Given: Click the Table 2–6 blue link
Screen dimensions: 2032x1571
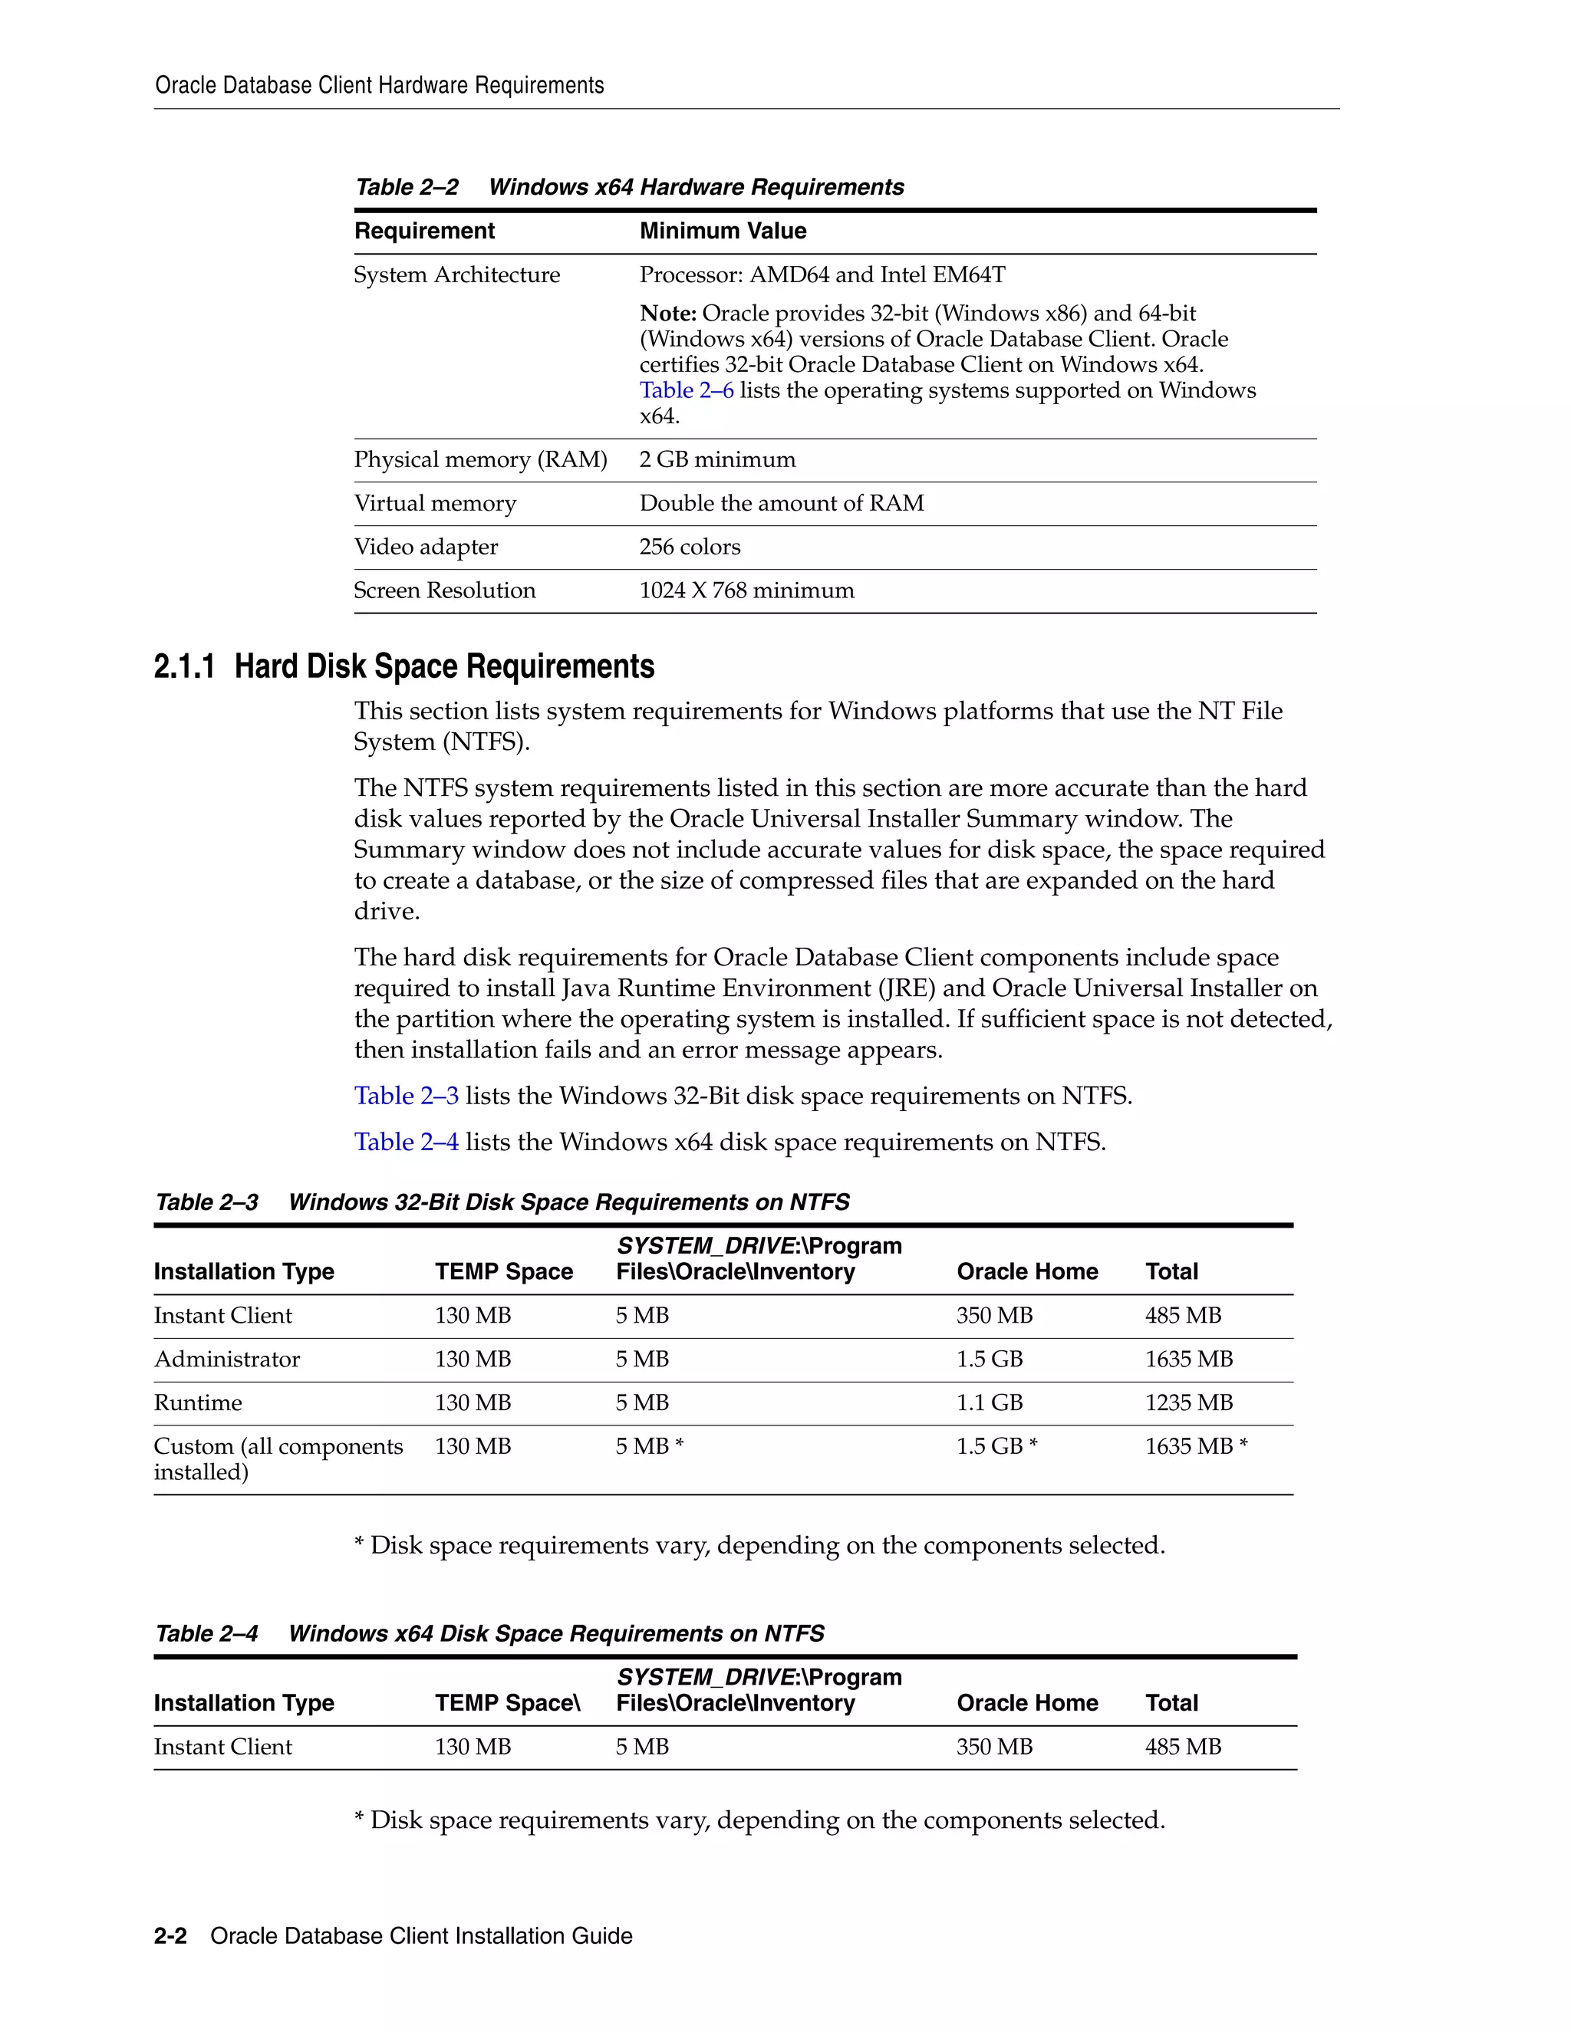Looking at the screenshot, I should (x=686, y=391).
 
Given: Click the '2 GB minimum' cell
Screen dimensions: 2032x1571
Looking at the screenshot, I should (x=716, y=459).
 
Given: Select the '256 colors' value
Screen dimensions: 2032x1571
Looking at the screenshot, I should (x=690, y=547).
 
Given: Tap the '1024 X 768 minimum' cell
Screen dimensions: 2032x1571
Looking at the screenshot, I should (x=746, y=590).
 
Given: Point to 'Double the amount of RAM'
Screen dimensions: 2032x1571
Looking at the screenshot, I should (x=781, y=503).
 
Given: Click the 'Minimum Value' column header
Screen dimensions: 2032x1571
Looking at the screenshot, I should (x=722, y=231).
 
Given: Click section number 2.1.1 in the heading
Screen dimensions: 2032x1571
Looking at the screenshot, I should (x=183, y=667).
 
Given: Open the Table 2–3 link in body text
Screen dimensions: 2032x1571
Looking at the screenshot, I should (x=406, y=1096).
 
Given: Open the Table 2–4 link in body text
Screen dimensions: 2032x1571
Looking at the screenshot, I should (x=406, y=1143).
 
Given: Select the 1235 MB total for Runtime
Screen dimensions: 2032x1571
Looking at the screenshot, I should (x=1188, y=1403).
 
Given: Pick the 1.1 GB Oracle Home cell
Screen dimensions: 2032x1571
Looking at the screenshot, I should (x=990, y=1403).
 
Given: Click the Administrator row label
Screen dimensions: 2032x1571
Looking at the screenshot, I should (x=227, y=1360).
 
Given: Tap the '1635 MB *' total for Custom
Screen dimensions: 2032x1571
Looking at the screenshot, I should (x=1196, y=1447).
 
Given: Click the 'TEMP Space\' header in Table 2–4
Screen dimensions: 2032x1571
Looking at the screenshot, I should (x=507, y=1704).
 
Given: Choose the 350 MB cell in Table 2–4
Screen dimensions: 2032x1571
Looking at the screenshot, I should (x=994, y=1748).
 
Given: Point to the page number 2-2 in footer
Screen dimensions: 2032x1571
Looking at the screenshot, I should (x=170, y=1936).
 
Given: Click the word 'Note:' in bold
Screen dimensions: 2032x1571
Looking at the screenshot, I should (x=667, y=314).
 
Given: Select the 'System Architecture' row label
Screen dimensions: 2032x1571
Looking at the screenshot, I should (x=456, y=275).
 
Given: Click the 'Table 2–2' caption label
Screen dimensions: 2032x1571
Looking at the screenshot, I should (x=407, y=187).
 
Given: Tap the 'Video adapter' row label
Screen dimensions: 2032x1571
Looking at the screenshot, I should (x=425, y=547).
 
